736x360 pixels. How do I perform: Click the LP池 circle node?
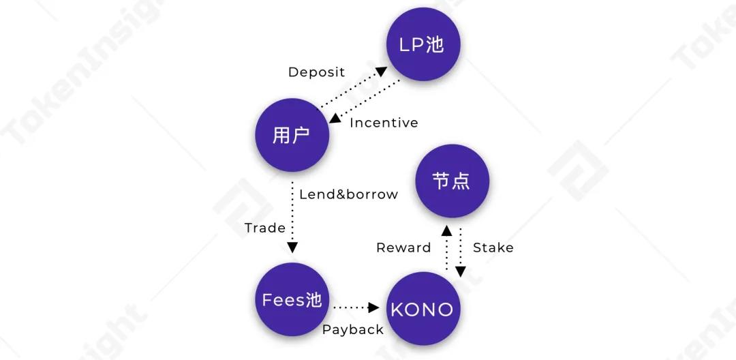click(x=423, y=45)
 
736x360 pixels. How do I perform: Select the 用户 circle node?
click(x=292, y=135)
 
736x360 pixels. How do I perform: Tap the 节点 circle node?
click(x=452, y=181)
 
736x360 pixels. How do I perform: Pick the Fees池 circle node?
click(x=292, y=299)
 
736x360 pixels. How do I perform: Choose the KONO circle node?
click(x=422, y=309)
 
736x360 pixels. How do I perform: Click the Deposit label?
click(x=316, y=72)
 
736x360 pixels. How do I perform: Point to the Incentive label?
click(x=384, y=123)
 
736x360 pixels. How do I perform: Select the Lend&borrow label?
click(x=348, y=194)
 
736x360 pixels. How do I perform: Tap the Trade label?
click(x=265, y=228)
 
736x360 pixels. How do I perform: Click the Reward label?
click(x=403, y=247)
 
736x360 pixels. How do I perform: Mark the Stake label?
click(x=493, y=247)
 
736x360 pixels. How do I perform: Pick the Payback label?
click(x=353, y=329)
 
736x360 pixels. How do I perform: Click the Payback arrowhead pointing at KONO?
click(x=373, y=307)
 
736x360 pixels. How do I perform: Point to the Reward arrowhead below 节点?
click(x=446, y=230)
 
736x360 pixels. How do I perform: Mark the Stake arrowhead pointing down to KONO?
click(x=461, y=271)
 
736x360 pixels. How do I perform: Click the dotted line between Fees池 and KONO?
click(x=352, y=307)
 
